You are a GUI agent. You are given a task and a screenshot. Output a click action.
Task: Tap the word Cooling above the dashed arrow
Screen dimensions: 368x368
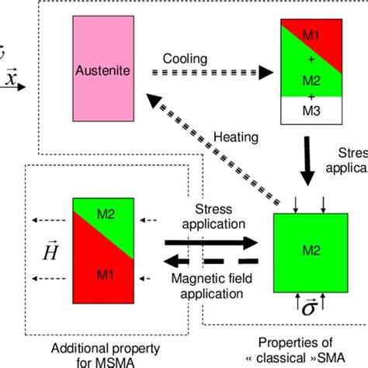pyautogui.click(x=185, y=59)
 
